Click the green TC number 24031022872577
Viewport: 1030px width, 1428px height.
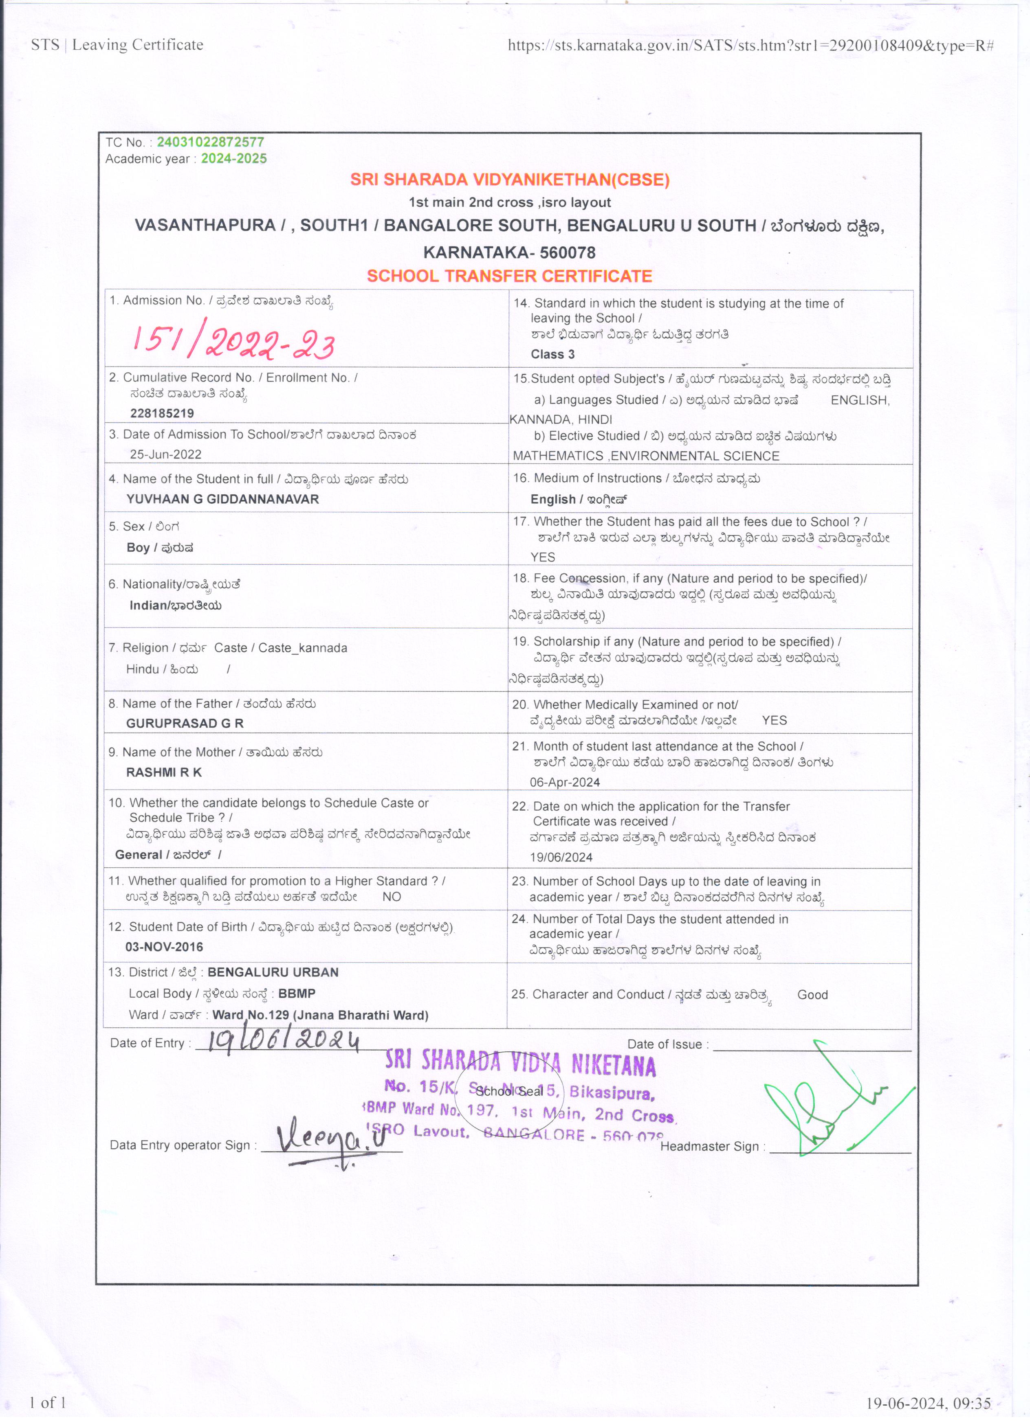point(210,142)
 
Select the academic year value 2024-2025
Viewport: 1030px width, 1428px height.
point(234,159)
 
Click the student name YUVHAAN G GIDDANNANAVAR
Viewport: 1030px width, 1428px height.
point(222,499)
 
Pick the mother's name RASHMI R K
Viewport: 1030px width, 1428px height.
point(164,772)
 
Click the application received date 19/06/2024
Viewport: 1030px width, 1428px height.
point(561,857)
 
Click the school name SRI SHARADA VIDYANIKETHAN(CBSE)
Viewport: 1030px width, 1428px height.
point(510,180)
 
